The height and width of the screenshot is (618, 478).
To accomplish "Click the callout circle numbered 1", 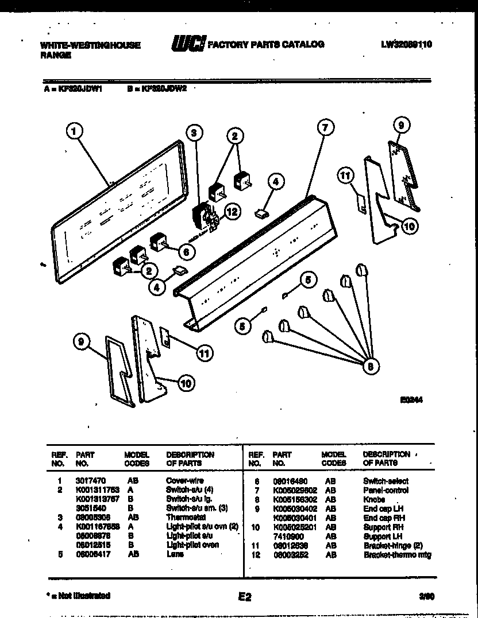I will click(x=72, y=132).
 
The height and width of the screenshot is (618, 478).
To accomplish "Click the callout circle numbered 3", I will click(x=194, y=133).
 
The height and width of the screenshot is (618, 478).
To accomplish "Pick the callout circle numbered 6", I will click(x=186, y=251).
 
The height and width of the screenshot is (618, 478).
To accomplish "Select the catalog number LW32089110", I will click(x=406, y=44).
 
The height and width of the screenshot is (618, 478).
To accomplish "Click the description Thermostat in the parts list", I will click(x=183, y=517).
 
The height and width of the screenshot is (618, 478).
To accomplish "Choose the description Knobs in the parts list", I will click(x=373, y=499).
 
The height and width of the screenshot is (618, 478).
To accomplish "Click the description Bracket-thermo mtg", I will click(x=397, y=555).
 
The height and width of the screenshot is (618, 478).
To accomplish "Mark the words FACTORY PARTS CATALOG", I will click(x=266, y=44).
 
